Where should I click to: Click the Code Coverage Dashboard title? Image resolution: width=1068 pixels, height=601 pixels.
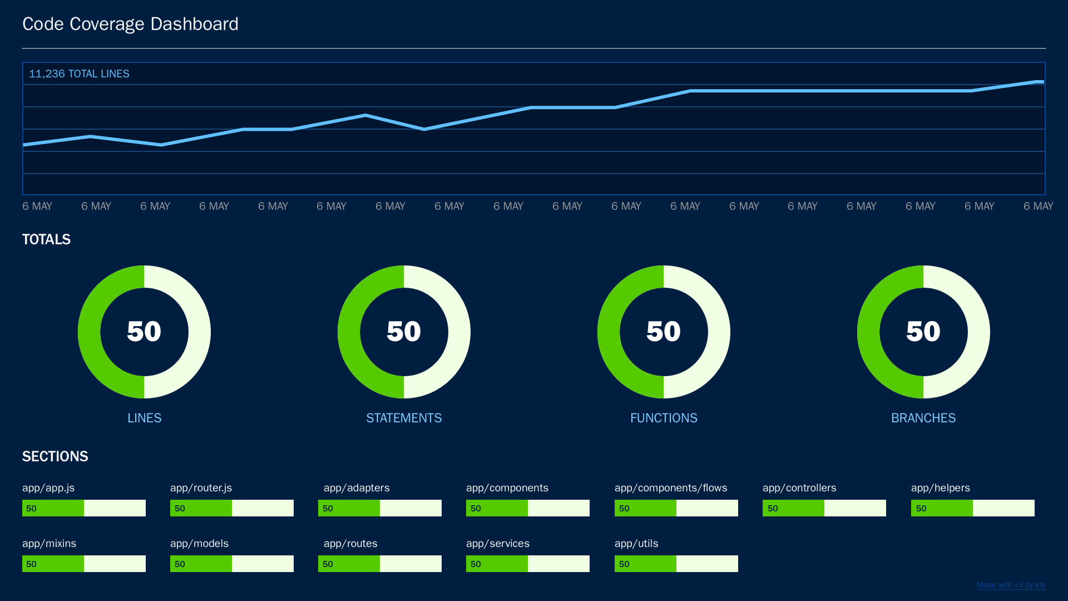tap(130, 24)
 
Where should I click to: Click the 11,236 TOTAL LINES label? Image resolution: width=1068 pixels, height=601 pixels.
tap(79, 74)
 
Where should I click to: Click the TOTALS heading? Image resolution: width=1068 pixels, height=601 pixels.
tap(46, 239)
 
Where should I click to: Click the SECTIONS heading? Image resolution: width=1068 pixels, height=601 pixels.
tap(55, 456)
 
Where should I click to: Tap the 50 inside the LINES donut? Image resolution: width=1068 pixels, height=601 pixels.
tap(144, 332)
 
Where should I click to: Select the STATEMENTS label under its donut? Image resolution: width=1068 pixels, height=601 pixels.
tap(404, 418)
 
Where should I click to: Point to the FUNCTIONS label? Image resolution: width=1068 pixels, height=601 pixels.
tap(664, 418)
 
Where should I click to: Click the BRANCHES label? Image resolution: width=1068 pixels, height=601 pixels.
tap(923, 418)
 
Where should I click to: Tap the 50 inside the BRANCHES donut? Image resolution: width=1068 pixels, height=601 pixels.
tap(923, 332)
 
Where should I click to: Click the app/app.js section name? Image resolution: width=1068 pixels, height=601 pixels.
tap(48, 488)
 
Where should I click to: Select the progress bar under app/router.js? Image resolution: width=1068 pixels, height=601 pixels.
tap(232, 508)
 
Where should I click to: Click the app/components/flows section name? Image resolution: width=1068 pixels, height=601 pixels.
tap(671, 488)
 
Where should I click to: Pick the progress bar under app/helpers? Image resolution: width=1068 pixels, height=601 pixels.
tap(973, 508)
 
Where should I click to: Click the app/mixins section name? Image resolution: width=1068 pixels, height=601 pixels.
tap(49, 544)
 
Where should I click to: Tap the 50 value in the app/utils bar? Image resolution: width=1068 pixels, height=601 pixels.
tap(624, 564)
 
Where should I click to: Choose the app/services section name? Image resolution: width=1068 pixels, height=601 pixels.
tap(498, 544)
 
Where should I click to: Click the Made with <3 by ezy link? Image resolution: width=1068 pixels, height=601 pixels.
tap(1011, 585)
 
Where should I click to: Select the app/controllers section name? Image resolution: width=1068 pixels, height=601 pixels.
tap(799, 488)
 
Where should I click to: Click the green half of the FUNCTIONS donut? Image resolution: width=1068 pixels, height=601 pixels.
tap(609, 332)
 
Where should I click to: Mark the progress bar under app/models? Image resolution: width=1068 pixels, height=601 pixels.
tap(232, 564)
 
